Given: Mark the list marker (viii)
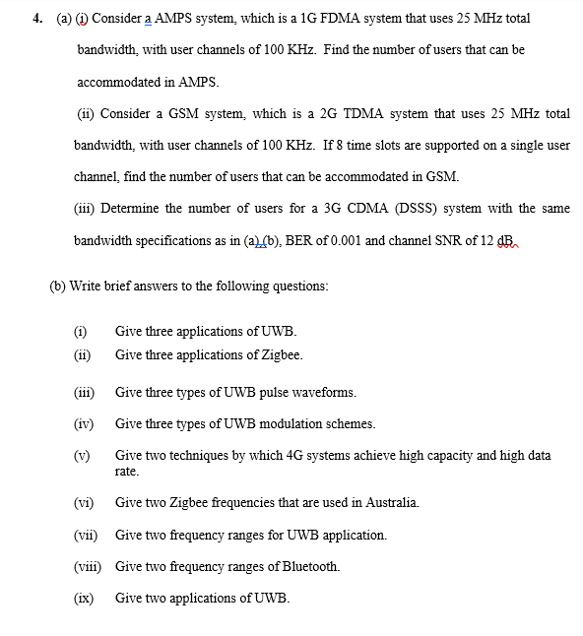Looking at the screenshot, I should pyautogui.click(x=90, y=566).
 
